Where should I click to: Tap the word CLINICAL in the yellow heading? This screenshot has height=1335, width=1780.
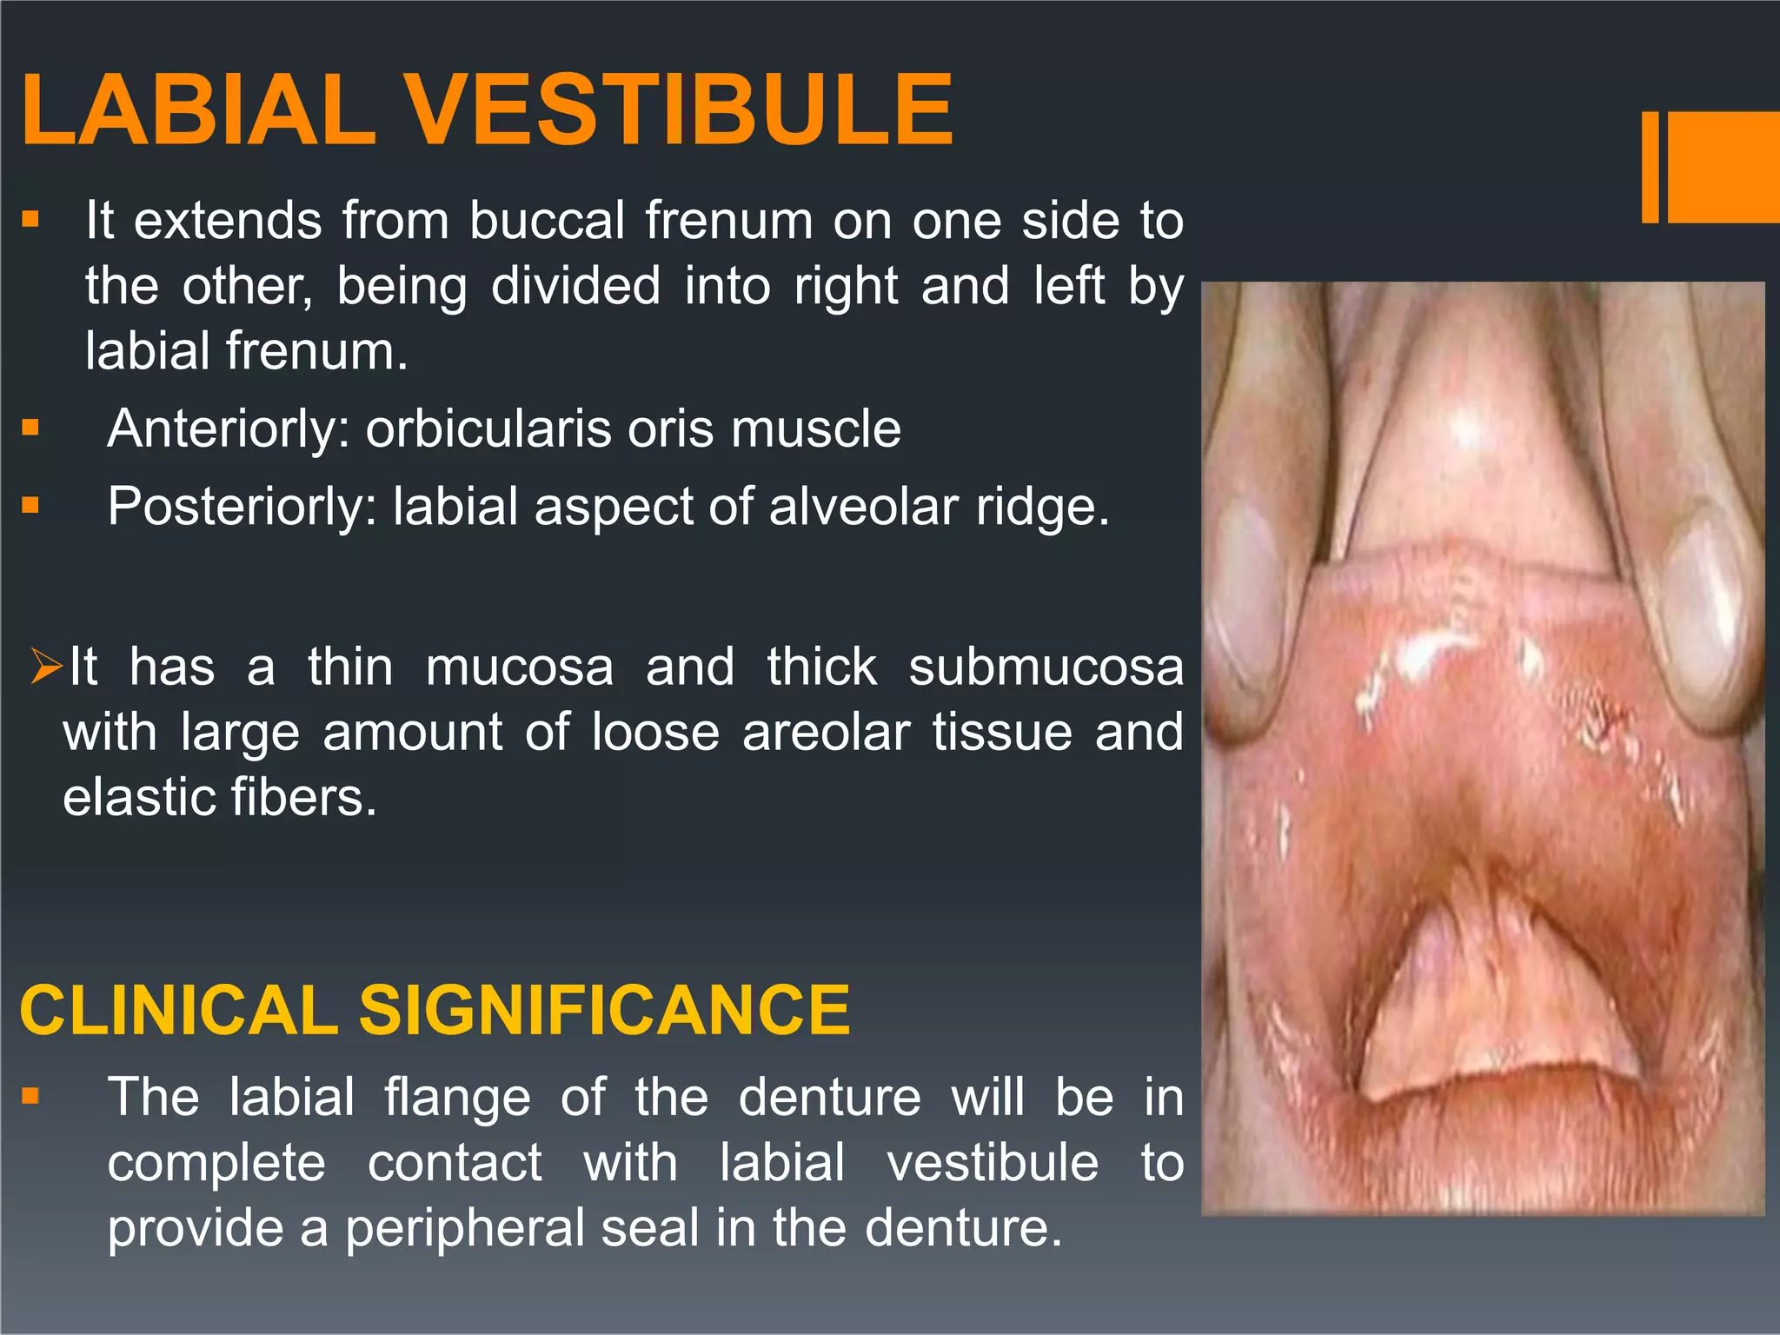tap(178, 1010)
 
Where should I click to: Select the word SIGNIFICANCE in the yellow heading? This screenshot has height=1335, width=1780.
tap(604, 1010)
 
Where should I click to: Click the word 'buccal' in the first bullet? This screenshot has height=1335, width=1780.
tap(547, 221)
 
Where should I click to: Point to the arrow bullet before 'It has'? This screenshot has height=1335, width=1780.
tap(45, 667)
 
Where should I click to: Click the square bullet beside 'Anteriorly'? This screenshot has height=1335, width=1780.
tap(31, 427)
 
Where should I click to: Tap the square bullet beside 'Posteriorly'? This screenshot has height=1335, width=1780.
tap(31, 505)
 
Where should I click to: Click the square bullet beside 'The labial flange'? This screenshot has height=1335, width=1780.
tap(31, 1096)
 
